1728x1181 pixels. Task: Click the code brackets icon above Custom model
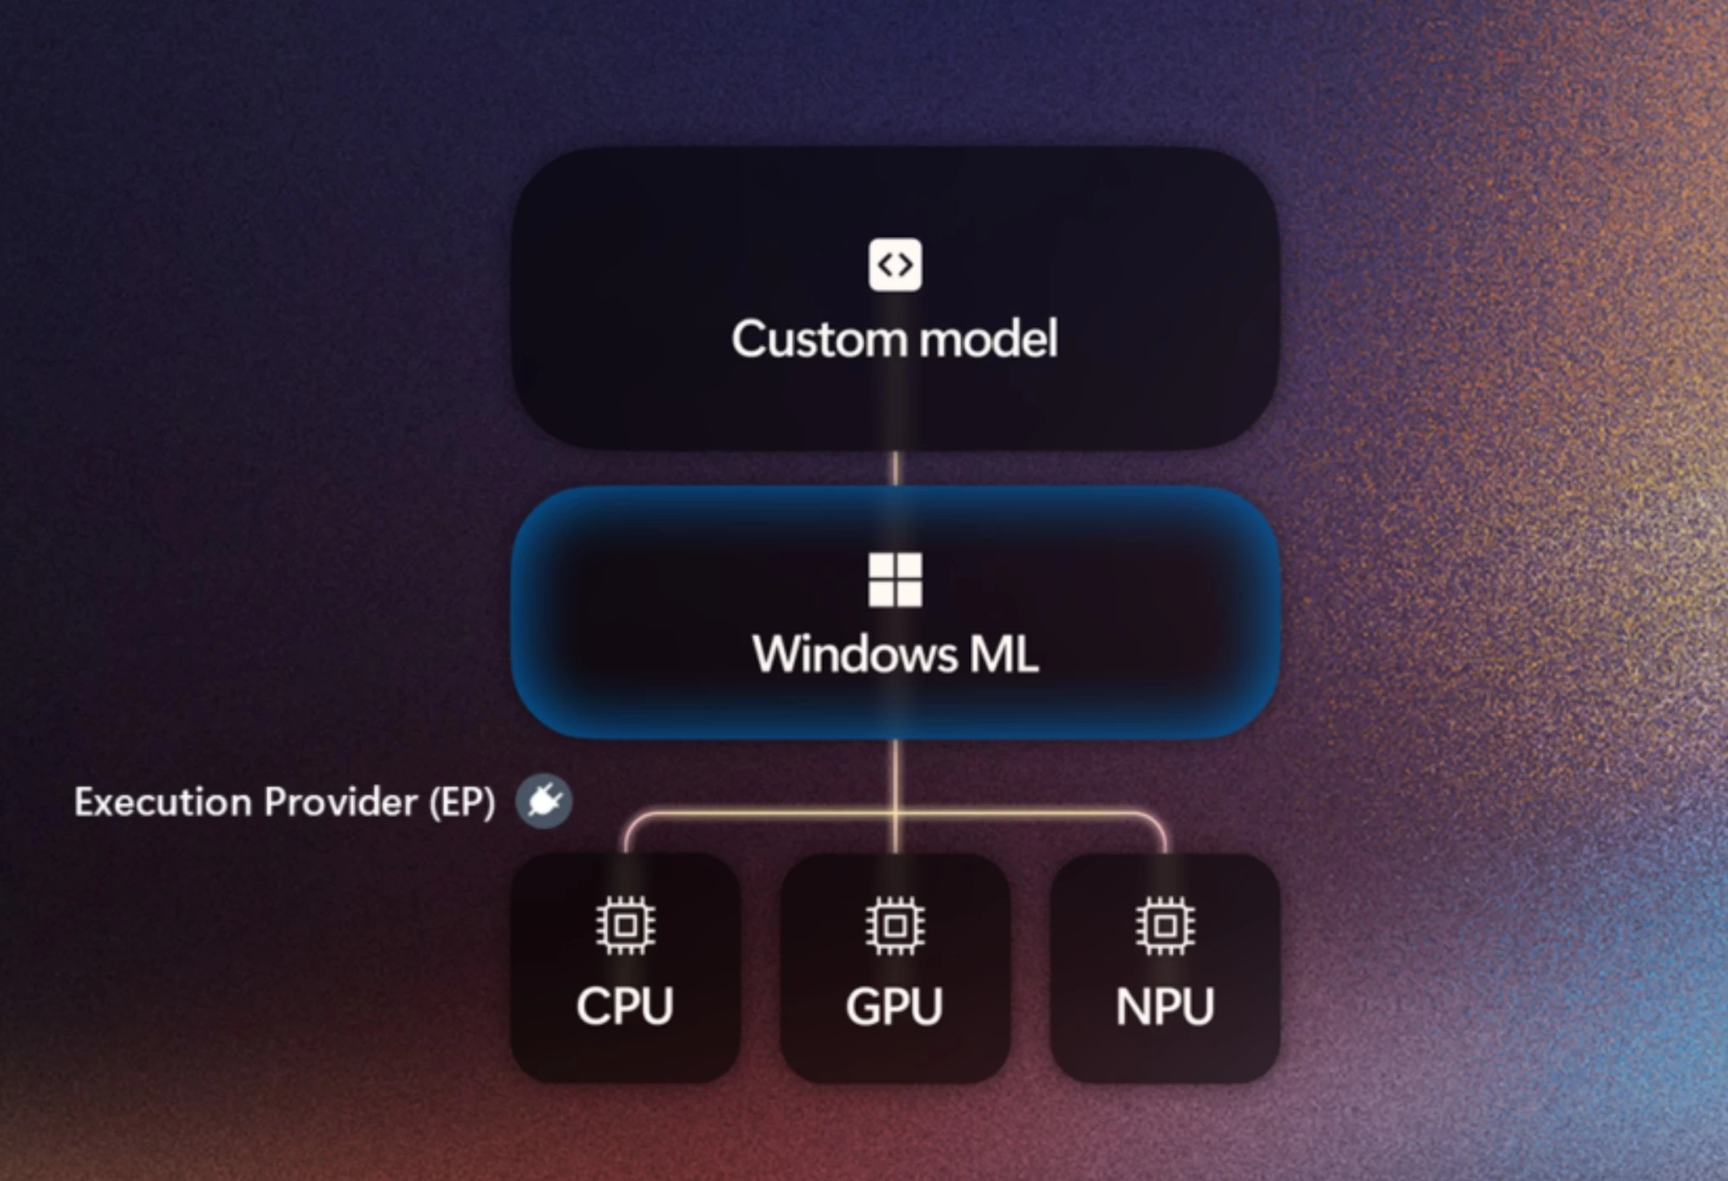point(895,265)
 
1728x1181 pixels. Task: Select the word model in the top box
point(988,339)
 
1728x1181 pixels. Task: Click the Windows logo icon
point(895,579)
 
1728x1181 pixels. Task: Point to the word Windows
point(854,654)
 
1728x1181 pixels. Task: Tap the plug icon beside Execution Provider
point(544,801)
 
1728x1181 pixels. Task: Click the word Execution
point(163,802)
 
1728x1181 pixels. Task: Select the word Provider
point(341,802)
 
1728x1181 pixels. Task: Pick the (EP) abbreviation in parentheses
point(462,802)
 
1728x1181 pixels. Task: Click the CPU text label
point(625,1005)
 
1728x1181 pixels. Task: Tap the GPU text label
point(895,1006)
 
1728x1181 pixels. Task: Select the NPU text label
point(1165,1006)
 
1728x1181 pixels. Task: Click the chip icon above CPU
point(625,925)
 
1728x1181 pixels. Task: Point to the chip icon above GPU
point(895,925)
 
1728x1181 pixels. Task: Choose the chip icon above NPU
point(1165,925)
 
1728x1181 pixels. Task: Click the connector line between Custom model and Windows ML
point(895,468)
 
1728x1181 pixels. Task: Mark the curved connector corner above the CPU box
point(632,821)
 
